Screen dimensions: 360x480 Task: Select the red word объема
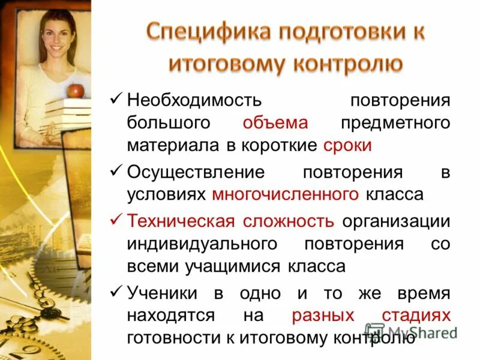tap(275, 123)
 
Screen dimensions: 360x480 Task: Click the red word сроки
tap(347, 146)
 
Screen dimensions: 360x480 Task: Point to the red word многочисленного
tap(286, 194)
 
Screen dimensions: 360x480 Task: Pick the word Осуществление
tap(196, 172)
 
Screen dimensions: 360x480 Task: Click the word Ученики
tap(162, 292)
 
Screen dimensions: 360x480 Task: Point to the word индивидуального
tap(202, 244)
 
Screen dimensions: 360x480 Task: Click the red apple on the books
tap(76, 91)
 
